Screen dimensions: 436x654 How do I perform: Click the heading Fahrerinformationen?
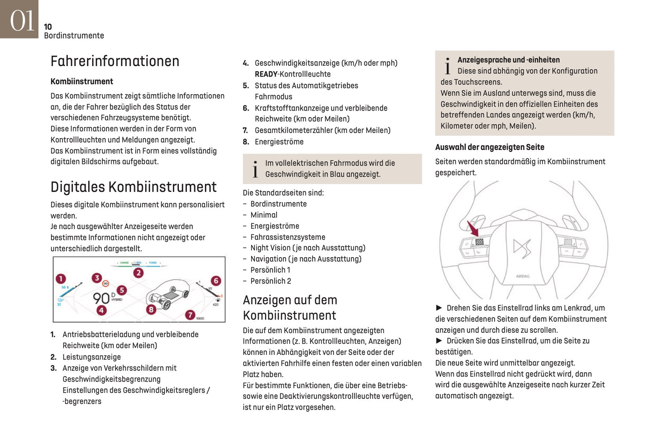(115, 61)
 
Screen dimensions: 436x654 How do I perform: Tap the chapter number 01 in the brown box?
(21, 21)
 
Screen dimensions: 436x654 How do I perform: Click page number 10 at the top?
(48, 27)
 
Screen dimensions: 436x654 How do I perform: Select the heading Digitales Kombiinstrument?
(134, 187)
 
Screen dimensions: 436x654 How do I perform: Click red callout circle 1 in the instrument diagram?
(61, 278)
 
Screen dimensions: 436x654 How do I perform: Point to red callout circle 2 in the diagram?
(138, 273)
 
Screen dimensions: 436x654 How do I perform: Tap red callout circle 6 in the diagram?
(216, 281)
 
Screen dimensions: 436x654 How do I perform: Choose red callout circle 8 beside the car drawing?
(151, 309)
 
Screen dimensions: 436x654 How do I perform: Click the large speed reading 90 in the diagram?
(101, 298)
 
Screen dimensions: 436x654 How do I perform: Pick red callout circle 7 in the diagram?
(190, 315)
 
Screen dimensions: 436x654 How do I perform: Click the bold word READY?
(266, 74)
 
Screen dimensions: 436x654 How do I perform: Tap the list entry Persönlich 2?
(271, 281)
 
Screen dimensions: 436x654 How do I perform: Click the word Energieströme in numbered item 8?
(279, 142)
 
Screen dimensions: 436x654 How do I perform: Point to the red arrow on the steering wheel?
(472, 228)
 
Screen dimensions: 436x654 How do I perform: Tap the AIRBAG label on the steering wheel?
(523, 276)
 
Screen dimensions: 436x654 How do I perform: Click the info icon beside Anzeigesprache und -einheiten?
(448, 66)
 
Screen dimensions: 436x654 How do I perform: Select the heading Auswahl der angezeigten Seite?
(490, 147)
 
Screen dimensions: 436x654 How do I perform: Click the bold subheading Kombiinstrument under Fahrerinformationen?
(82, 81)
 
